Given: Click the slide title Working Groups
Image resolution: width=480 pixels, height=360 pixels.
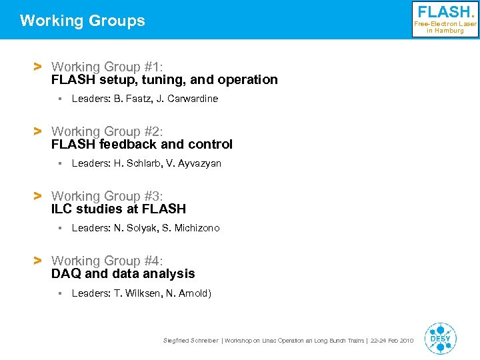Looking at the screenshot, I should point(82,21).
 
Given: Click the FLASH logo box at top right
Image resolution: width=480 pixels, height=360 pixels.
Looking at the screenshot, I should point(445,19).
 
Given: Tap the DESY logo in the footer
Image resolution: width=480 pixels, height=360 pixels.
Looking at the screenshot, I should point(440,338).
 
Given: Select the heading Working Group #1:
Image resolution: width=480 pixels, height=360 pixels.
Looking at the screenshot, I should point(107,67).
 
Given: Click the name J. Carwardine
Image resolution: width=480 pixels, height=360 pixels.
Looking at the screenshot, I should point(189,99).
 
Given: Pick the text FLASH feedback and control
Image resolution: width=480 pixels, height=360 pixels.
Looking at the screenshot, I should point(142,144).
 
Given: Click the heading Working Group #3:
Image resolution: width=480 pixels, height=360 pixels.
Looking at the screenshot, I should point(107,196).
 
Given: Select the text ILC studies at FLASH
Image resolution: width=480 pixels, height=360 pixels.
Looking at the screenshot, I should point(119,209).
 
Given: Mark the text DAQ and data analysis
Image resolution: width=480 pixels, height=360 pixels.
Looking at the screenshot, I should point(123,273).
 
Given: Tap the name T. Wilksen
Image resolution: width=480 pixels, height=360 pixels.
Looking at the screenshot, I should point(137,293).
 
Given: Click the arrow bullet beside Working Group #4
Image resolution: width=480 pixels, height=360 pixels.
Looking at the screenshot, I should point(38,261).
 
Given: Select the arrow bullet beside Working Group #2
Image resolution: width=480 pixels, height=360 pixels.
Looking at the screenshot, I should point(38,131).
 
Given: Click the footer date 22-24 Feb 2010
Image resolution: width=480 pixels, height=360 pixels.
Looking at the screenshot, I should point(391,341).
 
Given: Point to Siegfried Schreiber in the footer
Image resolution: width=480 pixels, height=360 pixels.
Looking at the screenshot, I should point(190,341).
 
